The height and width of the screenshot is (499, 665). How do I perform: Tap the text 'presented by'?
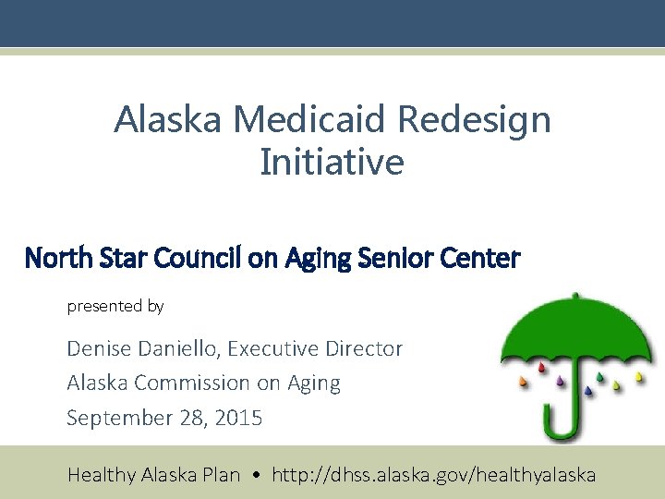tap(115, 306)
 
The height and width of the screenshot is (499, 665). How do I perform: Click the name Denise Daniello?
tap(142, 348)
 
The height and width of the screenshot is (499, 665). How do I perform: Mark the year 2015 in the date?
tap(237, 418)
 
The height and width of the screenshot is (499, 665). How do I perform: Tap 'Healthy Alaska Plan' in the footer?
tap(153, 475)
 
